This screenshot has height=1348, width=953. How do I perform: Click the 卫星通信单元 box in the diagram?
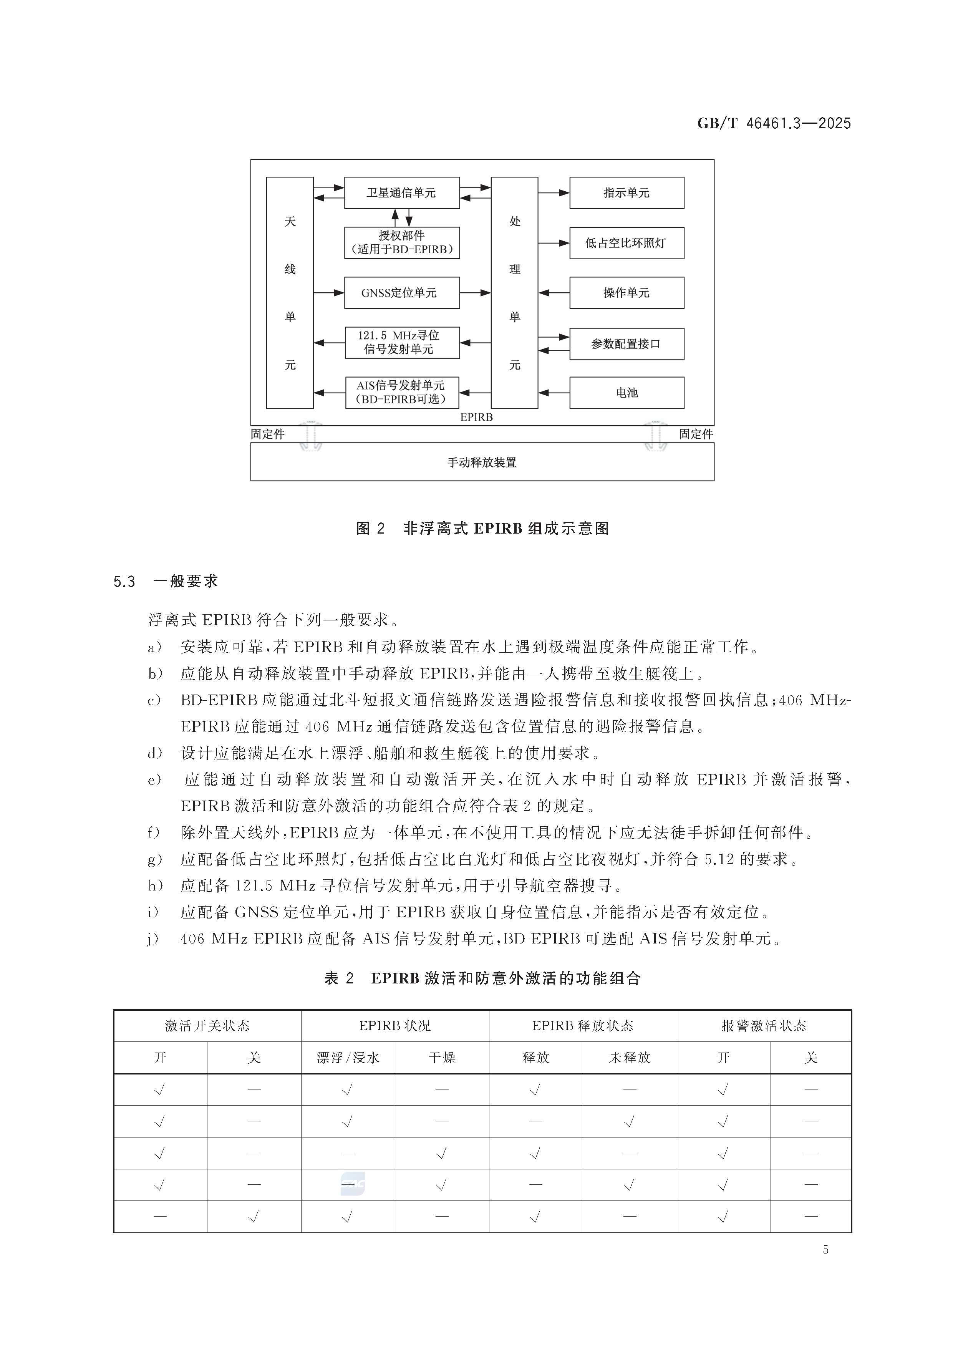point(402,192)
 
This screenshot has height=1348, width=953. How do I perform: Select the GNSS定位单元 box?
point(402,292)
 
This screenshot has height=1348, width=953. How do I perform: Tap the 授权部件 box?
point(402,242)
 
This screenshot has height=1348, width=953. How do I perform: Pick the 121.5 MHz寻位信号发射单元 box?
point(402,342)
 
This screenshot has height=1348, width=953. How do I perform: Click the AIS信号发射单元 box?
point(402,392)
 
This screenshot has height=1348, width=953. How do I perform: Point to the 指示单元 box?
point(626,192)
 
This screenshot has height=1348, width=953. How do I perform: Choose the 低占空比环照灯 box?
point(626,242)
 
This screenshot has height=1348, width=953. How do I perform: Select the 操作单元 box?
point(626,292)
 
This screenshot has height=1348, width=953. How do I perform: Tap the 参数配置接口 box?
point(626,343)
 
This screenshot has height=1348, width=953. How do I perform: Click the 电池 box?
point(626,392)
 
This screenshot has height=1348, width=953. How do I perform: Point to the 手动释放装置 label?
point(481,463)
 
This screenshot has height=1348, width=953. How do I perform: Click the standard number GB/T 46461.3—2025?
point(774,123)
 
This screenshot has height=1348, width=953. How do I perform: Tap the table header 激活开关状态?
point(207,1026)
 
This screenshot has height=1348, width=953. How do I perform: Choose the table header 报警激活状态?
point(763,1026)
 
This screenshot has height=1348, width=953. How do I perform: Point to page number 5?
point(825,1266)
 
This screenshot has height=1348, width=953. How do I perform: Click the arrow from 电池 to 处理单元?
point(553,392)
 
